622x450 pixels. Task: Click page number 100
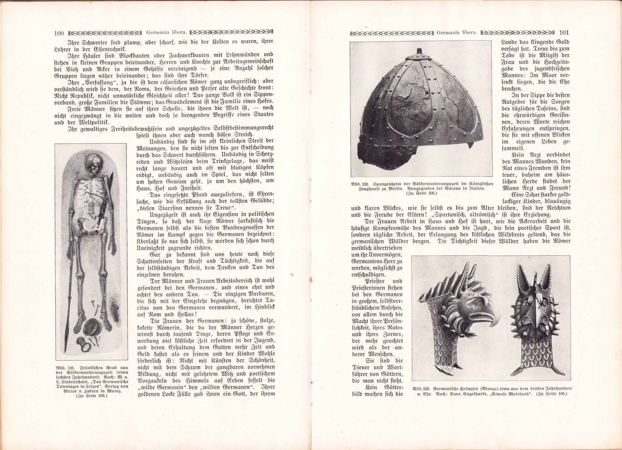point(58,33)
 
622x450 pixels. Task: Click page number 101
point(564,33)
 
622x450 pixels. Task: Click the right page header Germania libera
point(457,33)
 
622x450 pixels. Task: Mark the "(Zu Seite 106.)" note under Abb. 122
point(422,193)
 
